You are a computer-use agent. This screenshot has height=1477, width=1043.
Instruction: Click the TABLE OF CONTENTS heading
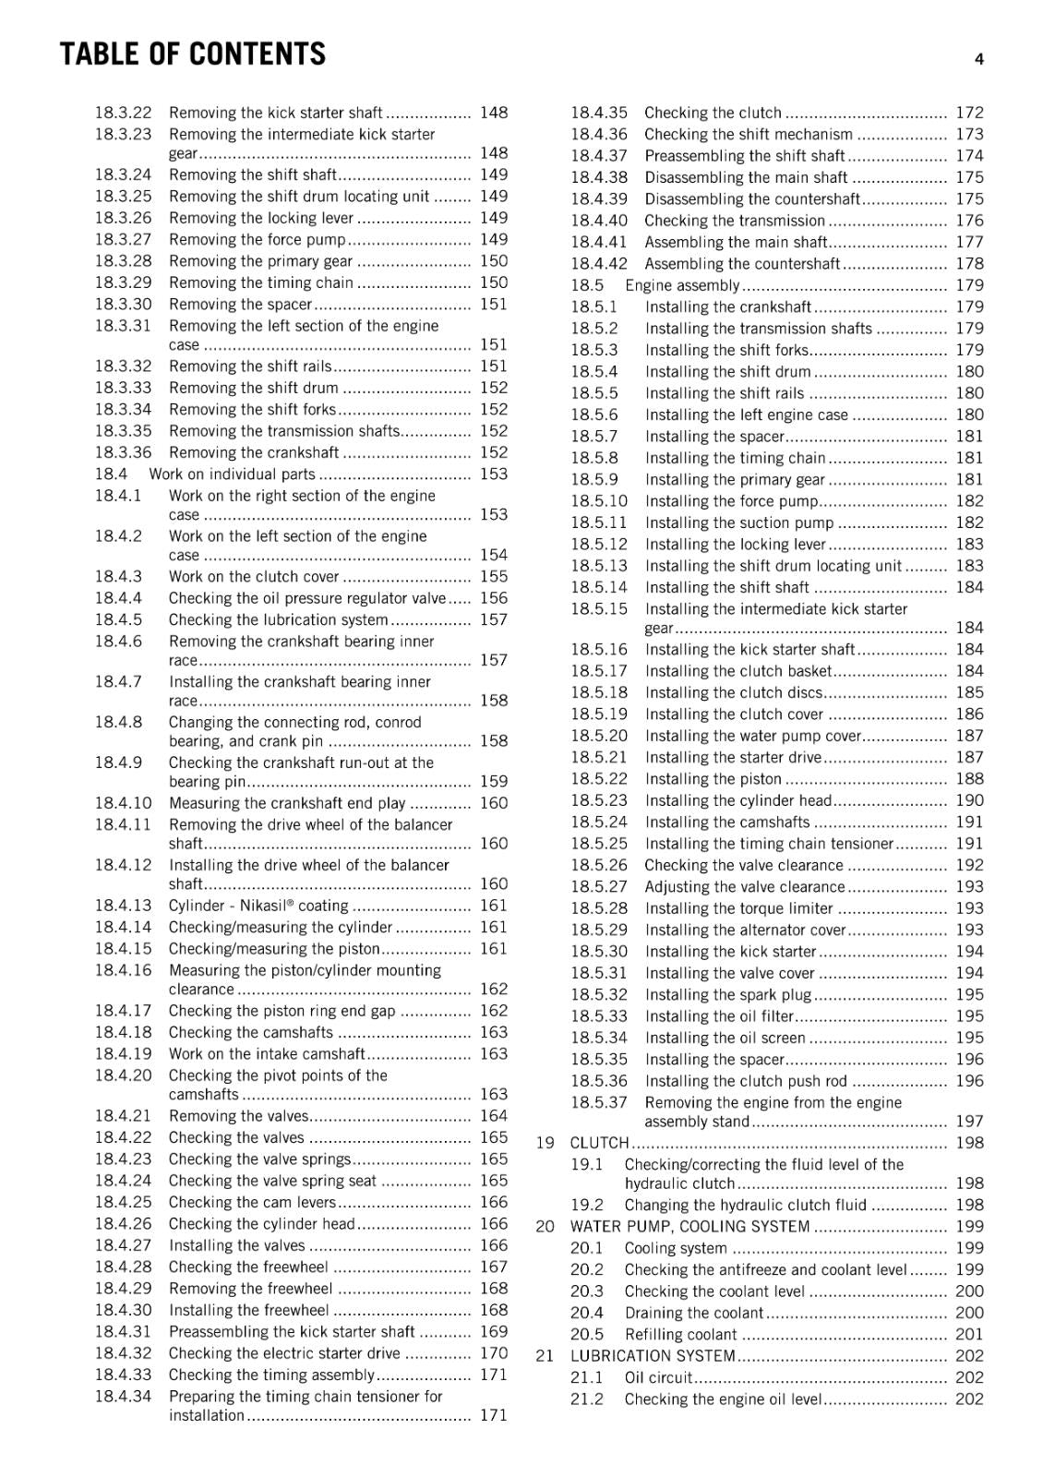click(x=192, y=54)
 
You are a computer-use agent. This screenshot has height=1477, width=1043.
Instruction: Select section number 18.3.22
click(x=123, y=113)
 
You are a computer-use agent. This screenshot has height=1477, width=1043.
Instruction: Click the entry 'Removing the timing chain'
click(x=260, y=282)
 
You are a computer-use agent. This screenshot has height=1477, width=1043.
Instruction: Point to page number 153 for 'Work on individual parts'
click(x=493, y=474)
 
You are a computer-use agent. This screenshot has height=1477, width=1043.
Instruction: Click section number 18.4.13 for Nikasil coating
click(x=123, y=906)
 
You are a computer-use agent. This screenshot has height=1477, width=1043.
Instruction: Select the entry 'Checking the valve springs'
click(x=259, y=1159)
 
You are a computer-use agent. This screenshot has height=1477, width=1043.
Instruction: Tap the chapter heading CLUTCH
click(x=599, y=1143)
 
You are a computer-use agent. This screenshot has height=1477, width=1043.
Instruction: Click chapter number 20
click(x=545, y=1226)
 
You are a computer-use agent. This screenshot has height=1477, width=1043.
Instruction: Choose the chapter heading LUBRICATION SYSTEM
click(x=653, y=1355)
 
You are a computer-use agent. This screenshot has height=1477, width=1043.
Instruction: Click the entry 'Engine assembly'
click(x=682, y=285)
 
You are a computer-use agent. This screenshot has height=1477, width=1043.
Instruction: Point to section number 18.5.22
click(x=598, y=779)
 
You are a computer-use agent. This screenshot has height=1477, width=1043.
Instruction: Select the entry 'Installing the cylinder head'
click(x=737, y=800)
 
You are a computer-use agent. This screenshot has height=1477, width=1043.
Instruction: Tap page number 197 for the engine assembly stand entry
click(x=969, y=1122)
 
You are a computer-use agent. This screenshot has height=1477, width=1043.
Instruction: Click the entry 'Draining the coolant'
click(x=693, y=1313)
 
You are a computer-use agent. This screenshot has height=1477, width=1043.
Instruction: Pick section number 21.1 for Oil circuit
click(x=586, y=1377)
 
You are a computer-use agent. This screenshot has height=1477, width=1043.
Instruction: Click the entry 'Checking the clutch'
click(x=713, y=113)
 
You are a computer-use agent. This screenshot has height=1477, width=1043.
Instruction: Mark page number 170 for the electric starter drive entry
click(x=493, y=1353)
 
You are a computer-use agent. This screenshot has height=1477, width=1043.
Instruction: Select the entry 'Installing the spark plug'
click(x=727, y=994)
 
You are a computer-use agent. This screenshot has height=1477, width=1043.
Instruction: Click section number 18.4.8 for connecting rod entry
click(x=118, y=722)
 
